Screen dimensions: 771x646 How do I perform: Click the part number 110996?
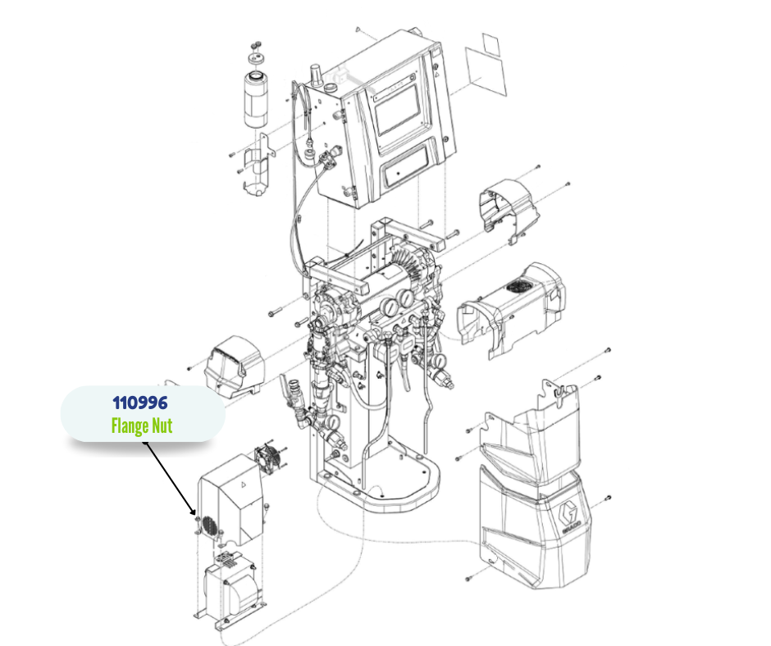tap(140, 403)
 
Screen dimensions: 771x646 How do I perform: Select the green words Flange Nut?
tap(142, 425)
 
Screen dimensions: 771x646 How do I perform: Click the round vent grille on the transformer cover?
tap(209, 525)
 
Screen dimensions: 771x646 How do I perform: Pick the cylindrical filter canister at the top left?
tap(256, 100)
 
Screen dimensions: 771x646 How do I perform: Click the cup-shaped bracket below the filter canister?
tap(258, 166)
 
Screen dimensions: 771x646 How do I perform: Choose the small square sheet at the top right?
tap(490, 44)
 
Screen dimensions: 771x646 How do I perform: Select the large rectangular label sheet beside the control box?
tap(486, 72)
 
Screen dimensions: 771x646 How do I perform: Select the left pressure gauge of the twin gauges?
tap(390, 307)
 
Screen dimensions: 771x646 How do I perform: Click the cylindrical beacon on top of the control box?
tap(316, 75)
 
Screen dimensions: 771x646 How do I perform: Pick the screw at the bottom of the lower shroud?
tap(468, 578)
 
